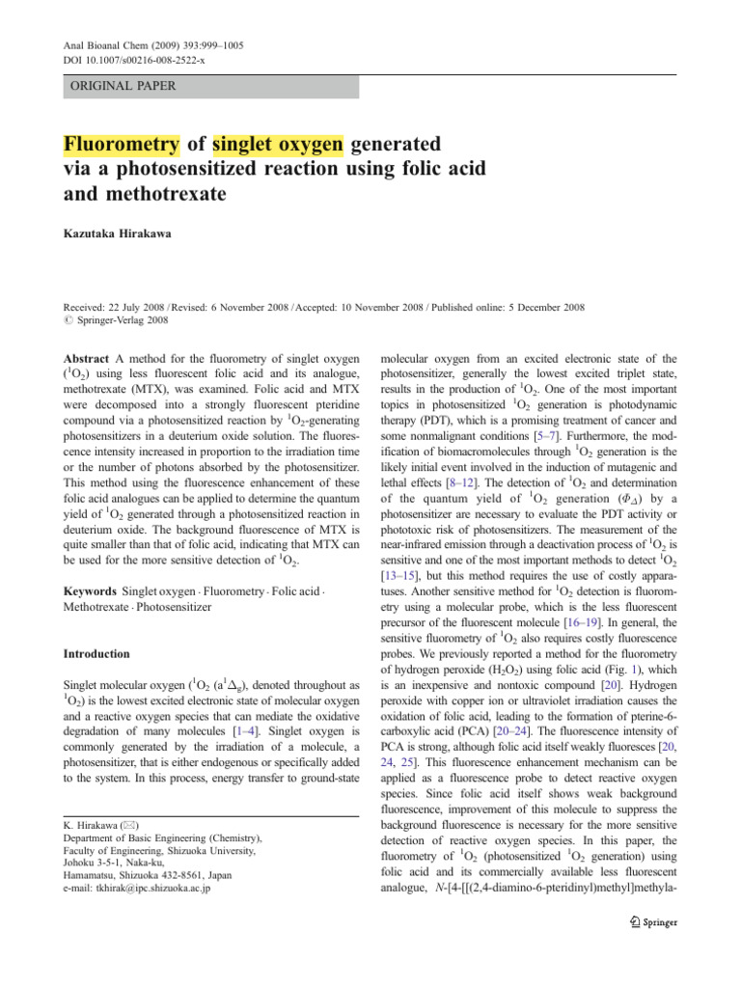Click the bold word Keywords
(x=86, y=561)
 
